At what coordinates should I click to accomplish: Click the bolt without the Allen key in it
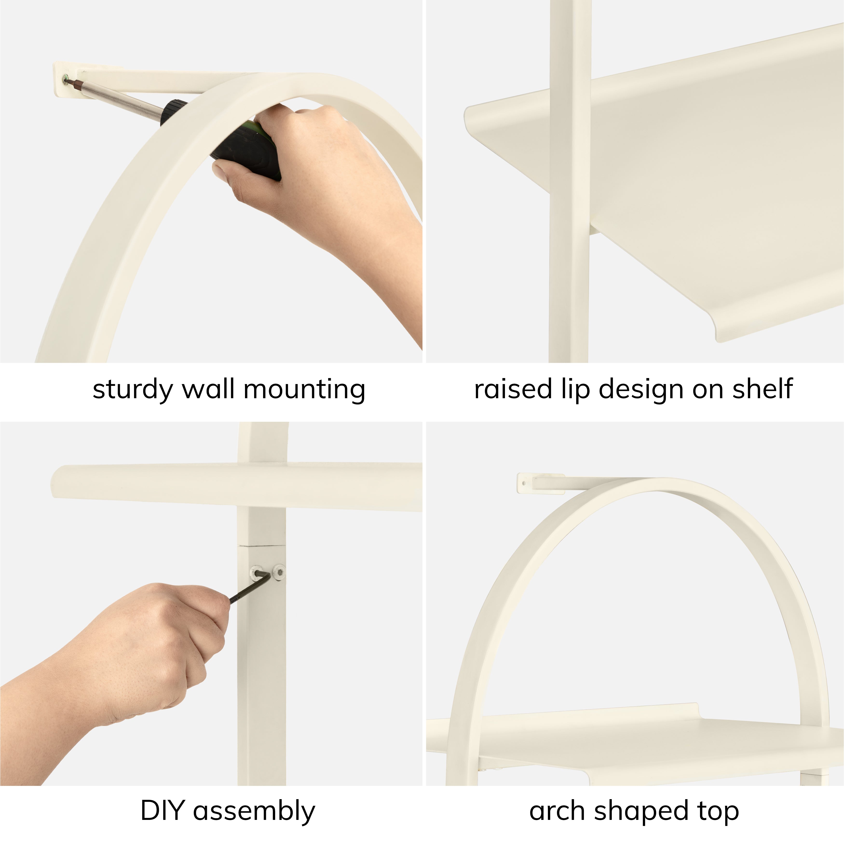click(x=278, y=571)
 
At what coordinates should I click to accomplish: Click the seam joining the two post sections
click(x=262, y=546)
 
